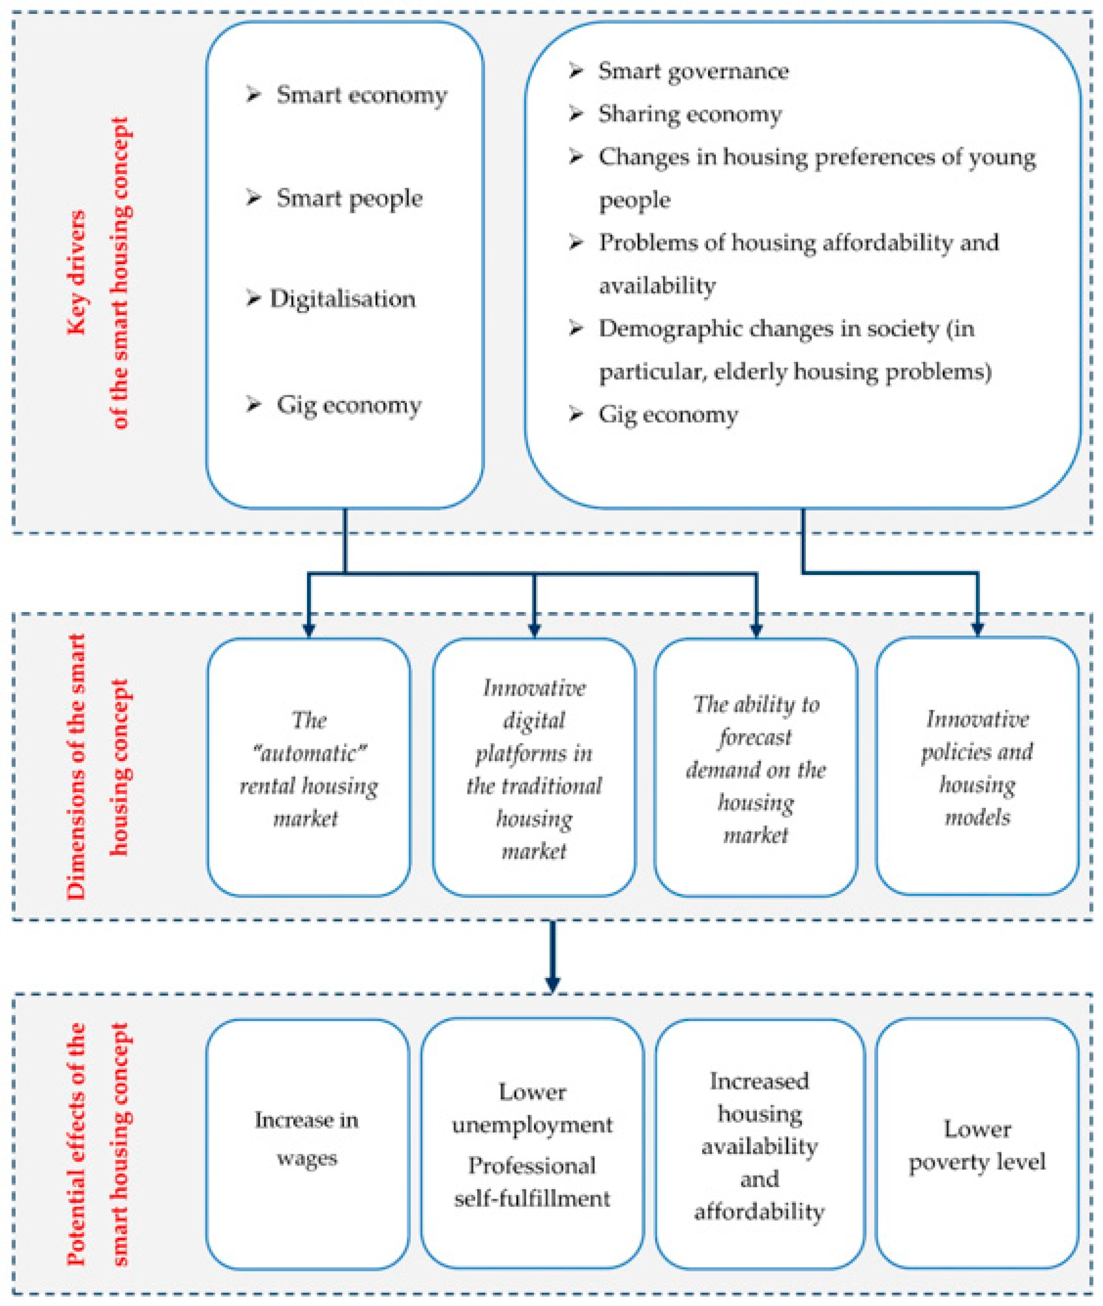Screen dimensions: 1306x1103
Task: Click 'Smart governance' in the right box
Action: point(693,71)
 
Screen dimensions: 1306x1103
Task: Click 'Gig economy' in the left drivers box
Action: point(348,405)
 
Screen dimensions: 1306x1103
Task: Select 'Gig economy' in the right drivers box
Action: point(668,415)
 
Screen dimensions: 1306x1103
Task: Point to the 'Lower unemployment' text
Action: point(532,1109)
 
